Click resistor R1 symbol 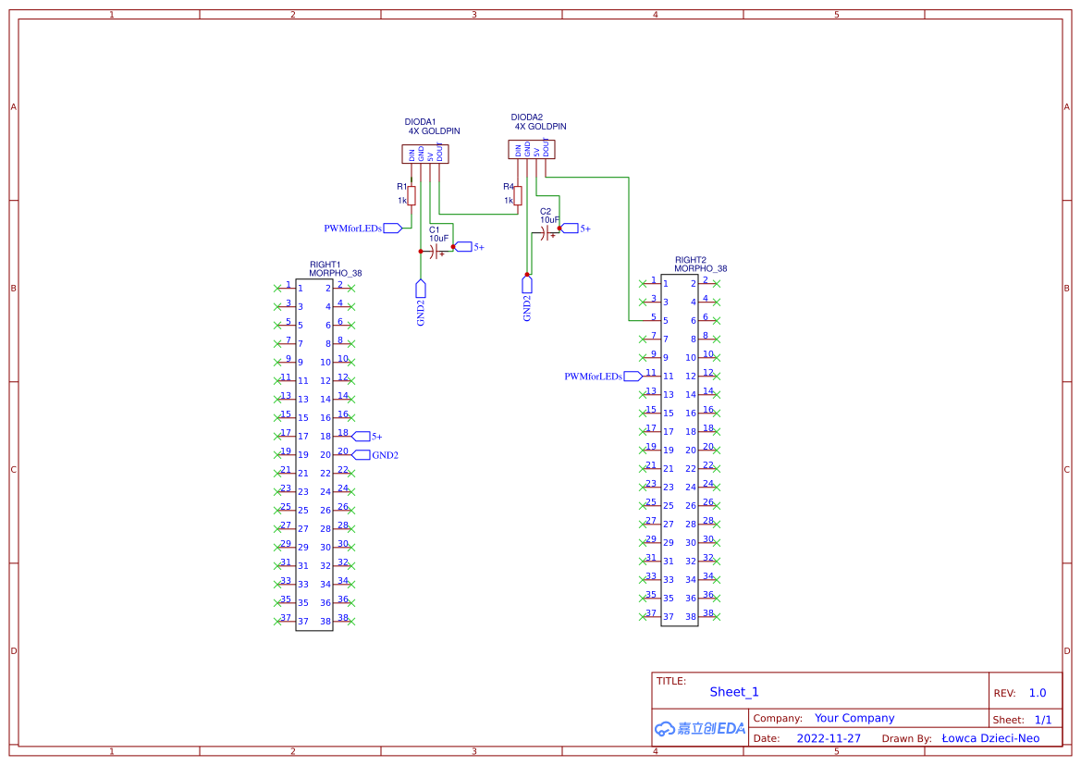[412, 195]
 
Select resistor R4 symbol [518, 195]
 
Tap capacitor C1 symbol [435, 251]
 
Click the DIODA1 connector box [425, 154]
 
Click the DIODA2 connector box [532, 149]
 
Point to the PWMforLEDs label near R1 [352, 228]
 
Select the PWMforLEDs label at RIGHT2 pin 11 [593, 376]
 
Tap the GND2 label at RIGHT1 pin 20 [385, 454]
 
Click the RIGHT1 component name [325, 264]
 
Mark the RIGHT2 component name [690, 260]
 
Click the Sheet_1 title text [734, 692]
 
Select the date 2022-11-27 [829, 738]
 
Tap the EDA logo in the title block [700, 729]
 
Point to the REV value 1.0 [1038, 693]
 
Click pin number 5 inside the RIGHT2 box [666, 320]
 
